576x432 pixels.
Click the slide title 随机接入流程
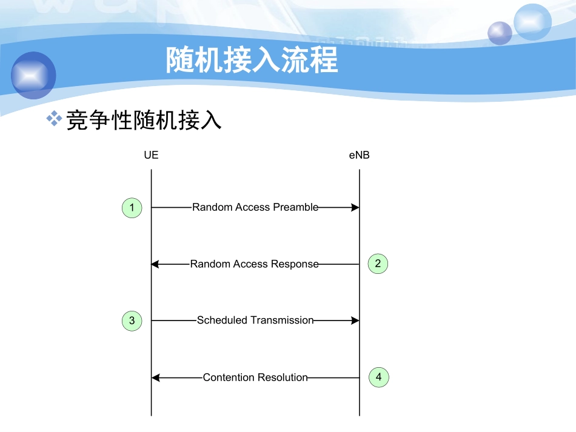tap(252, 60)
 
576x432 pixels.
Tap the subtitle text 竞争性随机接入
tap(143, 121)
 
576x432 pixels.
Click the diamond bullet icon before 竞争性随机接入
tap(55, 119)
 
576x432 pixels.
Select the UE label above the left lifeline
tap(151, 155)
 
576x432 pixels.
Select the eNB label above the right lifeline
tap(359, 155)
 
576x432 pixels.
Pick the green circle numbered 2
tap(378, 264)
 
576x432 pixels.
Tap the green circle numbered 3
tap(132, 321)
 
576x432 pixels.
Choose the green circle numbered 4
tap(378, 377)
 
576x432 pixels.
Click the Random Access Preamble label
tap(255, 207)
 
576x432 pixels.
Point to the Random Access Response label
tap(254, 264)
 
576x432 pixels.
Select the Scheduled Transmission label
tap(255, 321)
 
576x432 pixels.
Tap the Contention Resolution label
tap(255, 377)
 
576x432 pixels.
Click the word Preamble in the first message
tap(295, 207)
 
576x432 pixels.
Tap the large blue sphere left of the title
tap(33, 75)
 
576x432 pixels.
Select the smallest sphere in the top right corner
tap(500, 33)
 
